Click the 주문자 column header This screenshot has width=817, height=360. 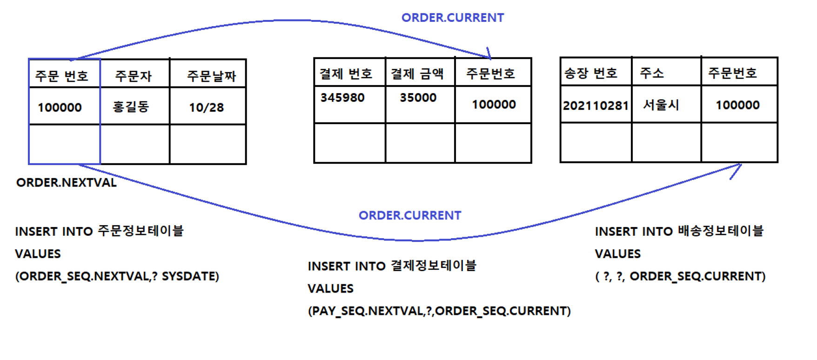(x=134, y=76)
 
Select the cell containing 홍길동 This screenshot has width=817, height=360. (x=131, y=107)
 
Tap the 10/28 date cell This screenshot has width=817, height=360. (x=207, y=107)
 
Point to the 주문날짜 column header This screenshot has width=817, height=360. (x=211, y=76)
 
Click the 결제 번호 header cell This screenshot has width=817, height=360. (x=346, y=73)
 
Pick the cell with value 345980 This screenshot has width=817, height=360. (x=342, y=98)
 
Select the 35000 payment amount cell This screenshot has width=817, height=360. (x=418, y=98)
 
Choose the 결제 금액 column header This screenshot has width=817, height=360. (x=417, y=73)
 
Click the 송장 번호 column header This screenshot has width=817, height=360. (x=591, y=73)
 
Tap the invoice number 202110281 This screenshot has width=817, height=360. (x=596, y=106)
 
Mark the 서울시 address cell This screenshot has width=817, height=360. (x=661, y=105)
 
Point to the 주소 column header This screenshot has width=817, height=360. (x=652, y=73)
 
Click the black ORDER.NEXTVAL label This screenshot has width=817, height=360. (x=67, y=182)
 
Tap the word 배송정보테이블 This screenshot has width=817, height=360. (x=721, y=231)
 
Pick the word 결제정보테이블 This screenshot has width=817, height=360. (x=434, y=266)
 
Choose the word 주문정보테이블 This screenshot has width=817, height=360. (x=141, y=231)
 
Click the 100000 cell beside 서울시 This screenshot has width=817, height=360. (x=737, y=105)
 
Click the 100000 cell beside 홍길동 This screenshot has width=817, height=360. (x=60, y=107)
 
